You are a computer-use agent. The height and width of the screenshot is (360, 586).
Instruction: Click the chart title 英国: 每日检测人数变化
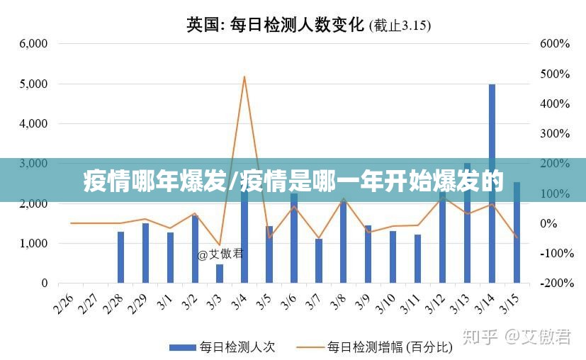pos(276,25)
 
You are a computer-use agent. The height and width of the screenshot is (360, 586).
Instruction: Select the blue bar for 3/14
pos(492,128)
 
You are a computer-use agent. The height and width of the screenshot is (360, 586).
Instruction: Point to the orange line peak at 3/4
pos(244,77)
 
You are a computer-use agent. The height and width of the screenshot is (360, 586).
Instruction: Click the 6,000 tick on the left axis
pos(33,43)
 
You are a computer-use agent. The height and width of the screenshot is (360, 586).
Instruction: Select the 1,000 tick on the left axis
pos(33,243)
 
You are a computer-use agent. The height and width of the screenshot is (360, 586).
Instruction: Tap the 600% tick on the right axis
pos(555,43)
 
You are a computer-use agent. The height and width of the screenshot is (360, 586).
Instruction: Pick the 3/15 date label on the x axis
pos(509,305)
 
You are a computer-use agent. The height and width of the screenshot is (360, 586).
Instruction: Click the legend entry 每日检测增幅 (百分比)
pos(389,347)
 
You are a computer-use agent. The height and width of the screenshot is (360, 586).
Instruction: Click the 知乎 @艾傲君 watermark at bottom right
pos(517,337)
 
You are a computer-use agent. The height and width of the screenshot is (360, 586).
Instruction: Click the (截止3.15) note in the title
pos(401,26)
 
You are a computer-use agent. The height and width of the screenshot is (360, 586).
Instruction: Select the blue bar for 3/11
pos(418,259)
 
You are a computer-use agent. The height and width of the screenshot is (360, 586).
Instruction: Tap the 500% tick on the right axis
pos(555,74)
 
